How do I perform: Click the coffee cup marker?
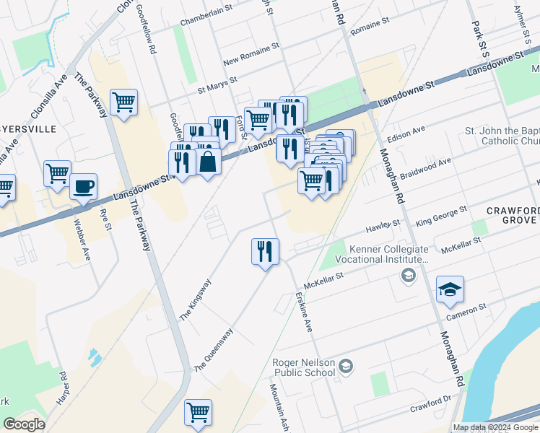tap(83, 187)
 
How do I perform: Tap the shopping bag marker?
tap(207, 162)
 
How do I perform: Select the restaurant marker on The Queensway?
tap(265, 251)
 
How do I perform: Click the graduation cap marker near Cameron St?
tap(450, 289)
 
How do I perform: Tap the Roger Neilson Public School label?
tap(303, 367)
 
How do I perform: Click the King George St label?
tap(442, 213)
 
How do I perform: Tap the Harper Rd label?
tap(64, 388)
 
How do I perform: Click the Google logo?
tap(24, 424)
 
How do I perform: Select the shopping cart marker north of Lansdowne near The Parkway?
tap(123, 102)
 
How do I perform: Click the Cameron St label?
tap(466, 311)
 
